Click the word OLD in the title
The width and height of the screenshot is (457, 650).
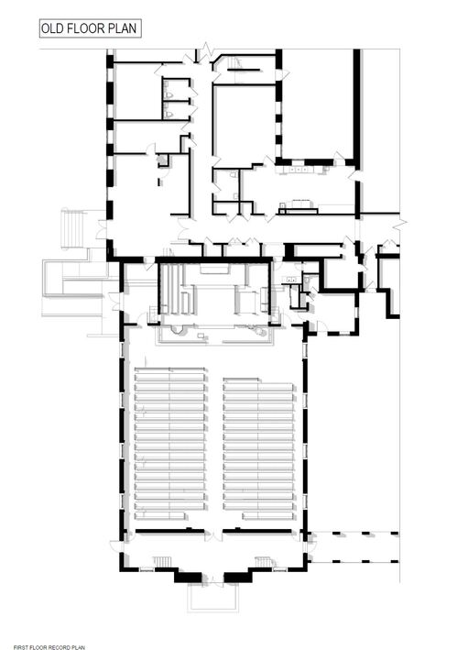click(52, 28)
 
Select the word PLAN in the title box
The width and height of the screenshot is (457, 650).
click(123, 28)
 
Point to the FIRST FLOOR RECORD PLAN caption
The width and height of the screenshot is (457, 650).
click(49, 647)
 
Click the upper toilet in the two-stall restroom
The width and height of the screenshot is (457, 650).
click(169, 94)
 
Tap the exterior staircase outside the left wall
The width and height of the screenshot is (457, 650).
click(72, 229)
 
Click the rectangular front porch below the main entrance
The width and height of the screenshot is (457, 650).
click(213, 598)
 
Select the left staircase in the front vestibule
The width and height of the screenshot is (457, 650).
click(162, 562)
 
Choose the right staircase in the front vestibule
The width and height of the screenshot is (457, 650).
click(264, 562)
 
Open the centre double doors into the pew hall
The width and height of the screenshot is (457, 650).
click(213, 535)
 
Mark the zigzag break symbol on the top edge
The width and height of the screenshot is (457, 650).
click(207, 50)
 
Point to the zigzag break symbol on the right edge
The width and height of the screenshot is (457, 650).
click(400, 224)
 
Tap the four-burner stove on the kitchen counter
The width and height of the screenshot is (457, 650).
click(298, 170)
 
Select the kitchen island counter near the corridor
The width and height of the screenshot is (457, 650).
click(299, 208)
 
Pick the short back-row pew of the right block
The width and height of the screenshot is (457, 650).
click(267, 515)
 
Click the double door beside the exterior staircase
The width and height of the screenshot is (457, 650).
click(102, 230)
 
